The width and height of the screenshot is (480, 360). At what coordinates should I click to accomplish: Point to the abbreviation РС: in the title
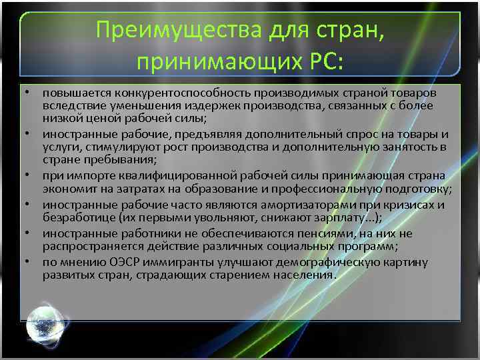(323, 61)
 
